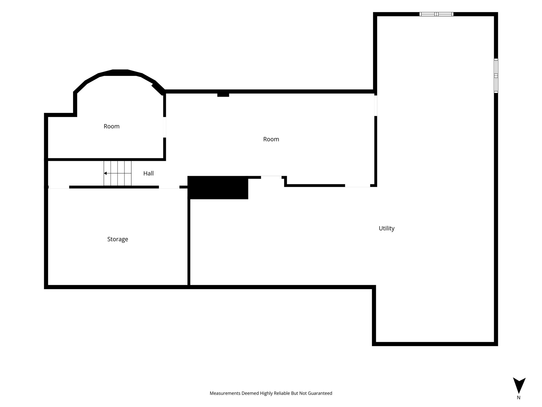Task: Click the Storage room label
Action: tap(118, 239)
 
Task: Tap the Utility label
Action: tap(386, 228)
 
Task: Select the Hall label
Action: tap(148, 173)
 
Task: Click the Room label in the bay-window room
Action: tap(111, 126)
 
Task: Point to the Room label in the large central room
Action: tap(271, 139)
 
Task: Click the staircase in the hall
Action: tap(118, 173)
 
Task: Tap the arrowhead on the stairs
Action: tap(105, 173)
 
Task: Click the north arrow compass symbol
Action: tap(519, 385)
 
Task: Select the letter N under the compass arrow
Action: tap(519, 397)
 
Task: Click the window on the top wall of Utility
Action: tap(436, 14)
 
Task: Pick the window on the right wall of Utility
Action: tap(496, 76)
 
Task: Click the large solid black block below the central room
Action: tap(218, 188)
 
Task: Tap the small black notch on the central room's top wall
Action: tap(223, 95)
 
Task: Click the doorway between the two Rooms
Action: tap(165, 127)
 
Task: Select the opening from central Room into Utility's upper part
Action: tap(376, 106)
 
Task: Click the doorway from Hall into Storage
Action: tap(169, 187)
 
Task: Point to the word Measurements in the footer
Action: tap(225, 393)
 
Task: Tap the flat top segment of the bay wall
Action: tap(120, 73)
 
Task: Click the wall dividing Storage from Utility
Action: tap(189, 242)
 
